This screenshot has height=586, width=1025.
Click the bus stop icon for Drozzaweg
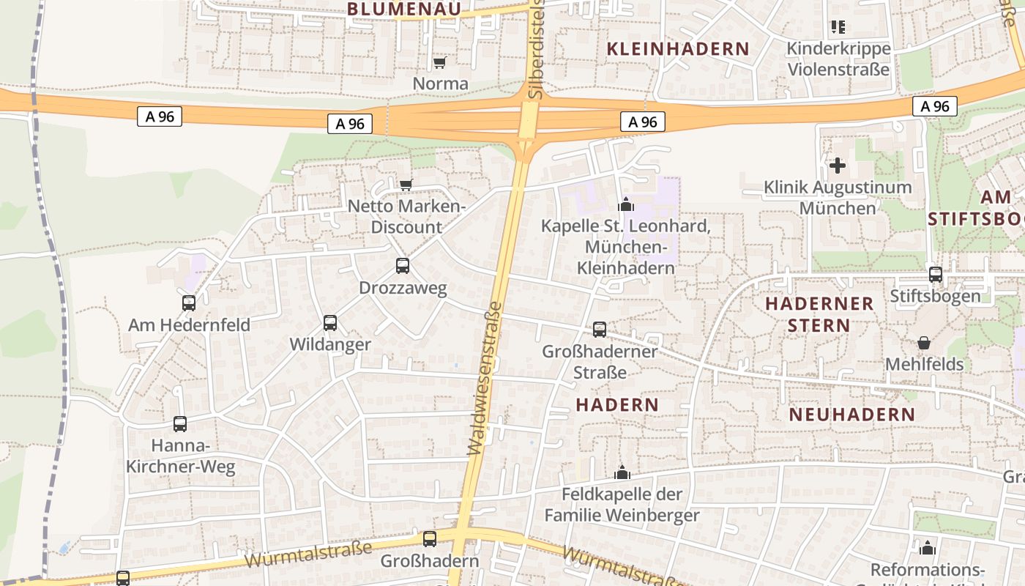tap(403, 266)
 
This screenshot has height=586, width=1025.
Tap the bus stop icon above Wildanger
tap(330, 322)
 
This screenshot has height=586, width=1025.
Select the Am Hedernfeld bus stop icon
tap(189, 303)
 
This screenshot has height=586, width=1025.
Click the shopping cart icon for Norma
tap(439, 63)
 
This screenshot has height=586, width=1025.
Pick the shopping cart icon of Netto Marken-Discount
tap(406, 185)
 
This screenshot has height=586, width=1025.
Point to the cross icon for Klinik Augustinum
tap(838, 166)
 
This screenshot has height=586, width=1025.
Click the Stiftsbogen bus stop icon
tap(936, 275)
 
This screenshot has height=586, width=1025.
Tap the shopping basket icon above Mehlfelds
tap(924, 343)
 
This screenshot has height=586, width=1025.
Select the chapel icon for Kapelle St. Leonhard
tap(625, 204)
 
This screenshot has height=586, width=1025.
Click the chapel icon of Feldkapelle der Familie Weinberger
tap(622, 472)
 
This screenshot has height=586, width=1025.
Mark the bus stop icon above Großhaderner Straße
tap(600, 330)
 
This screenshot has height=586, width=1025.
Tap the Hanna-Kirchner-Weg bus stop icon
tap(180, 423)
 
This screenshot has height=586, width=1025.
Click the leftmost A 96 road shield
tap(159, 116)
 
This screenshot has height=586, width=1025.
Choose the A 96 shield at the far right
tap(935, 106)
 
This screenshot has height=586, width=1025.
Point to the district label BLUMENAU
tap(404, 9)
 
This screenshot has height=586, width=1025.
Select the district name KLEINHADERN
tap(678, 49)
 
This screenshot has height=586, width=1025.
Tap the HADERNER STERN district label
tap(819, 314)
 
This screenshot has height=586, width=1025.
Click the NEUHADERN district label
tap(851, 415)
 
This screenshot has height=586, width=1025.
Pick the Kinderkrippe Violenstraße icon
tap(838, 28)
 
